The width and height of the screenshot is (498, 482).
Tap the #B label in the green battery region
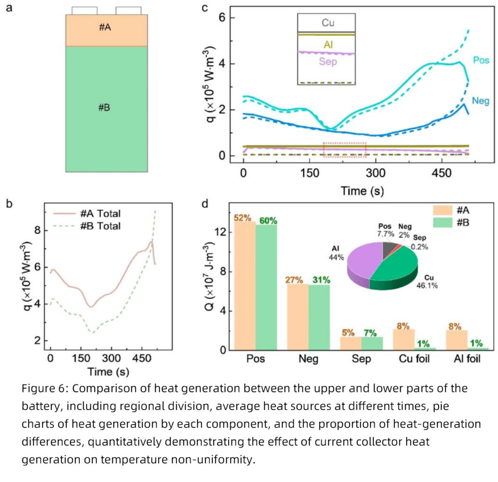[105, 107]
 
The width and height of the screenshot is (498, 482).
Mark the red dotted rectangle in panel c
[344, 150]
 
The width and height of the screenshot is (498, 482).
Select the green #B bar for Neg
[319, 316]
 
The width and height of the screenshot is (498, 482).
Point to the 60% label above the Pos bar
[267, 220]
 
